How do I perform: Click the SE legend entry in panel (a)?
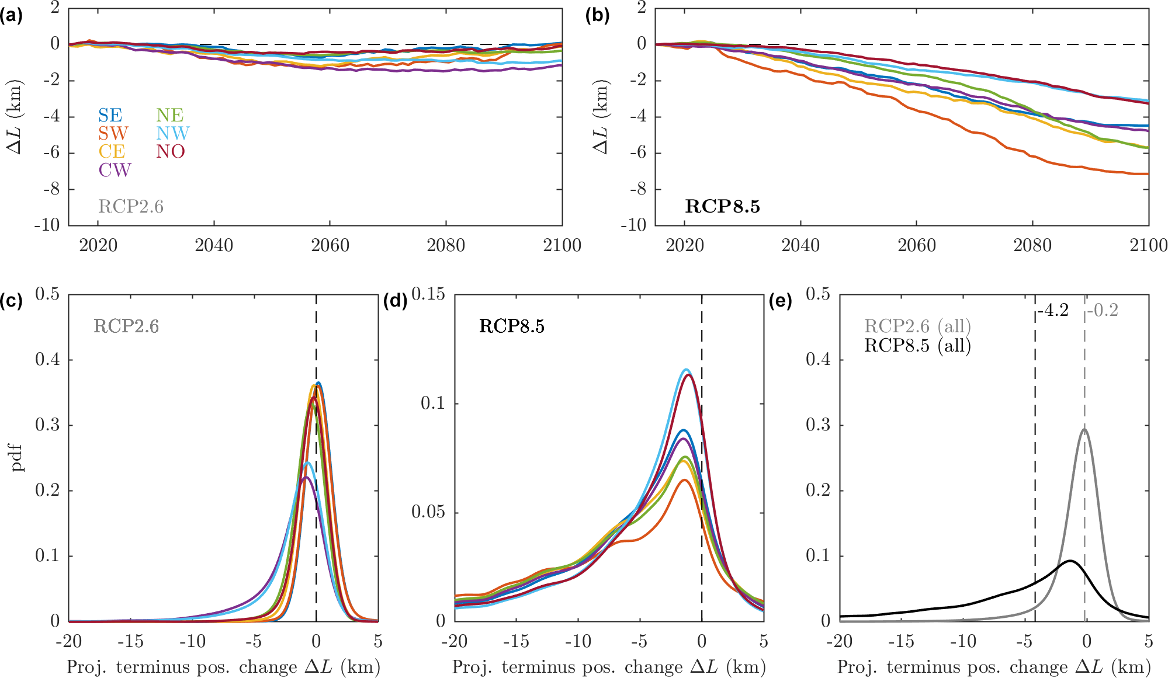(x=110, y=115)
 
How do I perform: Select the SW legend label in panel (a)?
(x=113, y=133)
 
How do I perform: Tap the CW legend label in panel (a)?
(x=115, y=170)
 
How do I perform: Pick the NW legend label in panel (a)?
(x=172, y=133)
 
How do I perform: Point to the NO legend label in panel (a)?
(x=170, y=151)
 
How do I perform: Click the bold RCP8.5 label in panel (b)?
(x=722, y=206)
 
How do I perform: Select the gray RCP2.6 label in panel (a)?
(x=131, y=206)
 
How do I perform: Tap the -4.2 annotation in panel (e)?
(x=1053, y=310)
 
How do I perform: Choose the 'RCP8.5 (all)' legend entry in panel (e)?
(x=917, y=346)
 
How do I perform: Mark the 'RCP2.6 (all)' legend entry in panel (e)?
(x=917, y=326)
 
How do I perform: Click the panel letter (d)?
(x=395, y=301)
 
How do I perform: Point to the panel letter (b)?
(x=597, y=16)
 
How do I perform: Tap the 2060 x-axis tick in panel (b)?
(x=916, y=245)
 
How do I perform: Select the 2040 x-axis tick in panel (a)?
(x=214, y=245)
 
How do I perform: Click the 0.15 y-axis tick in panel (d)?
(x=428, y=294)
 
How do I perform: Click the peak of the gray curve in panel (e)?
(x=1084, y=429)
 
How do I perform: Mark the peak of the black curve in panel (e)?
(x=1070, y=561)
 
